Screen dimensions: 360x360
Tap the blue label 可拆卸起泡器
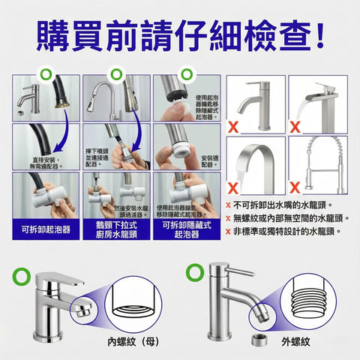[x=46, y=229]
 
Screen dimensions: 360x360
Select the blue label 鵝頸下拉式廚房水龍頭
[x=115, y=229]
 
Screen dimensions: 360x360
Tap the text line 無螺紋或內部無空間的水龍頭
[x=293, y=218]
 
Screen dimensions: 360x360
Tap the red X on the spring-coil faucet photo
[x=295, y=184]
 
